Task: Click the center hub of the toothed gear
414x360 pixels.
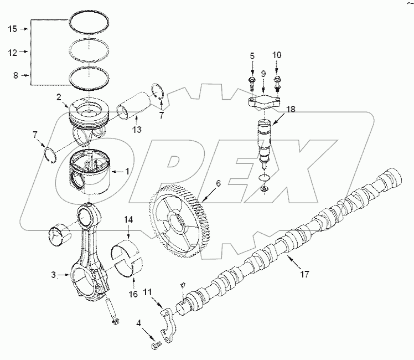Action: tap(177, 223)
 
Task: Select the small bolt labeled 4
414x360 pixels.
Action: tap(156, 346)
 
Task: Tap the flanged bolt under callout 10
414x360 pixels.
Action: tap(277, 85)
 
